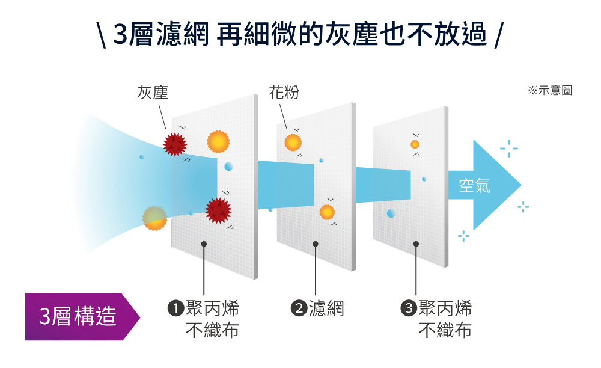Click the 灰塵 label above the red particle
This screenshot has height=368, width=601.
tap(153, 93)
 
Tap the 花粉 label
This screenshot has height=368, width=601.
tap(284, 93)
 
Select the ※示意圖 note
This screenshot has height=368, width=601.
tap(550, 90)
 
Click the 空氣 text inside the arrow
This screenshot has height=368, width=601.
tap(475, 186)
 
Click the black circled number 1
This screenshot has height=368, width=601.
tap(175, 308)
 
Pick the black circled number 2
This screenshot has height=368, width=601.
tap(299, 308)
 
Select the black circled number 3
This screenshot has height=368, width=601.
tap(408, 308)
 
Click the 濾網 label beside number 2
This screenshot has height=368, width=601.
tap(326, 308)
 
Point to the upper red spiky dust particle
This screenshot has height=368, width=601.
tap(175, 144)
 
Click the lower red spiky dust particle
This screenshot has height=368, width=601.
tap(219, 210)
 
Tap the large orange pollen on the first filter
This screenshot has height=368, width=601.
tap(219, 142)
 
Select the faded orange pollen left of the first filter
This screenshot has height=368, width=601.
tap(155, 218)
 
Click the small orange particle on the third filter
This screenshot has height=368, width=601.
tap(415, 144)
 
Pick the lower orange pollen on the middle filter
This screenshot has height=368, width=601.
tap(327, 212)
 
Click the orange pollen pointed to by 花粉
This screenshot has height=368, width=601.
tap(293, 143)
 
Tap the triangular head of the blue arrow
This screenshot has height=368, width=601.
tap(497, 185)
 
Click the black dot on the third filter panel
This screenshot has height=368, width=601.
tap(416, 244)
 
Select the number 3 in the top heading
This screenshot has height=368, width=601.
tap(120, 34)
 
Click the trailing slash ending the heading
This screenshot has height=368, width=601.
tap(498, 35)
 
